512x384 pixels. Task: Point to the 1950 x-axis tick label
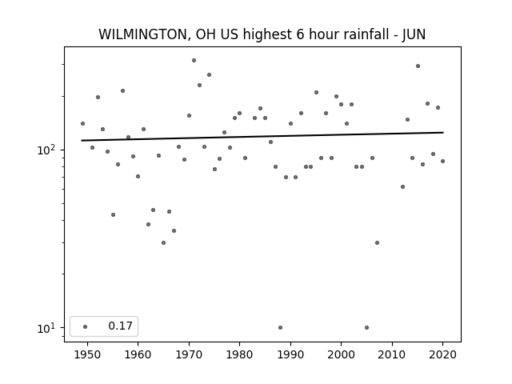coord(87,354)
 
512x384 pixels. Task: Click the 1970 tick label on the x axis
coord(189,354)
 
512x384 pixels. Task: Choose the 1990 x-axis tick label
coord(290,354)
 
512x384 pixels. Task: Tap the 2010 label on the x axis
coord(392,354)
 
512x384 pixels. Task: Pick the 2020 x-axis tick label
coord(442,354)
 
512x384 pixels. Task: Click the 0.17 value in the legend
coord(121,326)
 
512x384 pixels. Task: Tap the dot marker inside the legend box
coord(86,326)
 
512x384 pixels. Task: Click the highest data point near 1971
coord(194,61)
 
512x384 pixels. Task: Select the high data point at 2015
coord(418,66)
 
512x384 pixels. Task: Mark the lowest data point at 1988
coord(281,327)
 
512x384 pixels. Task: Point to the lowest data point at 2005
coord(366,327)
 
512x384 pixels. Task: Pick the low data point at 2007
coord(377,242)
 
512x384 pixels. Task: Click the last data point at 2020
coord(442,161)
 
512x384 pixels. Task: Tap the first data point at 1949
coord(82,123)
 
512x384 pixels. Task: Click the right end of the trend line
coord(443,132)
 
